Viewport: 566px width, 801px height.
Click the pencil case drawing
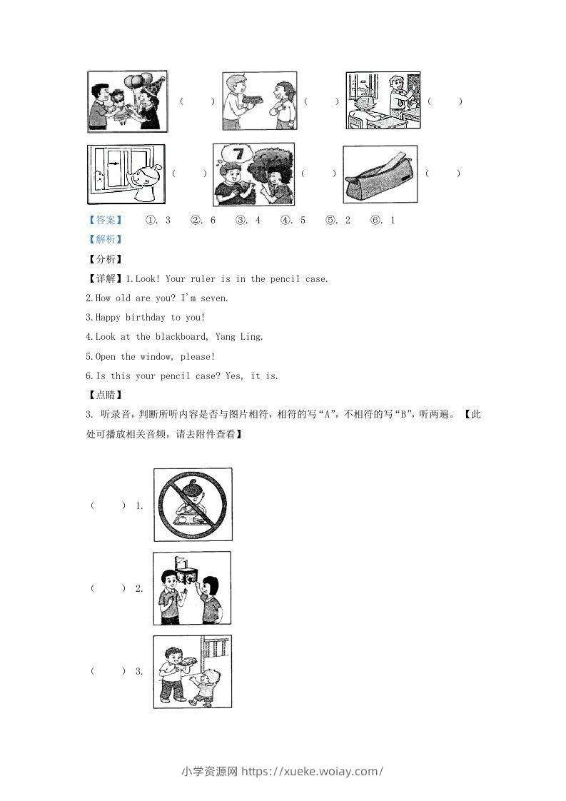tap(380, 175)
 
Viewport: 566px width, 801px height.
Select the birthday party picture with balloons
tap(127, 101)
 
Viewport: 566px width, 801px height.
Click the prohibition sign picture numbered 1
tap(193, 504)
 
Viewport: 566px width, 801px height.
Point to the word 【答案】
tap(103, 220)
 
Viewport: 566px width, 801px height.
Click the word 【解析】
tap(103, 240)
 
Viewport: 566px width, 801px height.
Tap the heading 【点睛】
tap(103, 394)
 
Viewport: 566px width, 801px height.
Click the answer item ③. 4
tap(248, 220)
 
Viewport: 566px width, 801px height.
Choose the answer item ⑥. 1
tap(383, 220)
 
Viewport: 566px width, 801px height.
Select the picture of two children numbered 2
tap(192, 588)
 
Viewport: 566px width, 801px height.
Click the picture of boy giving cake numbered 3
tap(192, 671)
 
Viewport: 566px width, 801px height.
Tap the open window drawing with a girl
tap(125, 174)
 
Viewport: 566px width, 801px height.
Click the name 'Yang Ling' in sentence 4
tap(244, 336)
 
